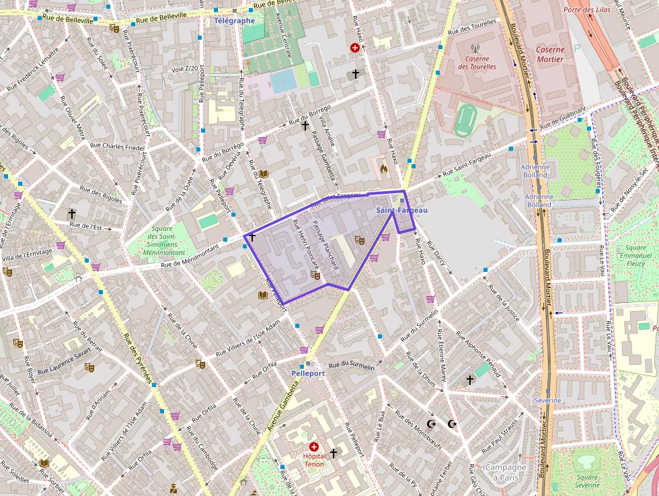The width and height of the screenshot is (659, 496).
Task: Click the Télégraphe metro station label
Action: (x=235, y=20)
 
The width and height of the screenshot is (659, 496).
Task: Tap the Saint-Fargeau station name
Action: (x=401, y=211)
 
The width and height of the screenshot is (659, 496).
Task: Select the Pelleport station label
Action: (x=308, y=373)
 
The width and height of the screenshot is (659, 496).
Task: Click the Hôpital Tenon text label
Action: (x=313, y=460)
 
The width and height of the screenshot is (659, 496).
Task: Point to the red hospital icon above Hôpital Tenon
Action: (x=313, y=447)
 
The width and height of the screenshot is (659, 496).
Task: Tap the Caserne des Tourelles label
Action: (x=477, y=63)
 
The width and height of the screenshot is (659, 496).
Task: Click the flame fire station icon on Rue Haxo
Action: (x=384, y=169)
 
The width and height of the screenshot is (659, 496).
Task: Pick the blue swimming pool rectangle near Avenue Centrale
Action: (x=282, y=81)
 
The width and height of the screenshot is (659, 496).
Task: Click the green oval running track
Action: (x=463, y=120)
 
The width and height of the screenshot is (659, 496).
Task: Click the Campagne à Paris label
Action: (x=506, y=472)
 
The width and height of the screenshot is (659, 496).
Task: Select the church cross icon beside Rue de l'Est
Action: (x=72, y=213)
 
